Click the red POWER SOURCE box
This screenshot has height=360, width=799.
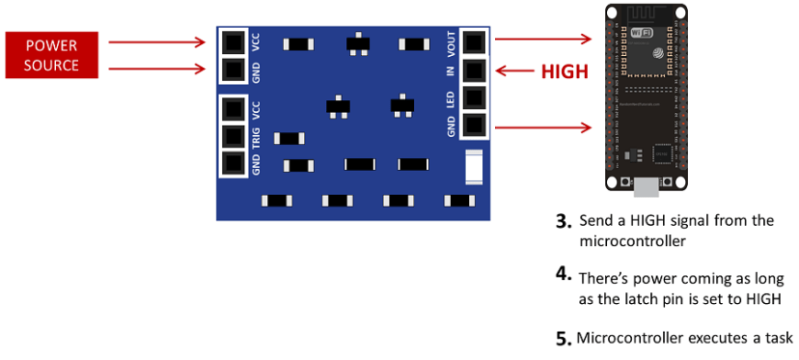[x=52, y=56]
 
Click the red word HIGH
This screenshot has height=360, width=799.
[x=565, y=71]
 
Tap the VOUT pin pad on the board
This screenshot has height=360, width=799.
[x=474, y=43]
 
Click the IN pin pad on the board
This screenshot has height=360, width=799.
[x=474, y=70]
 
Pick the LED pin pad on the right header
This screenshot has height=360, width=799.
[x=474, y=97]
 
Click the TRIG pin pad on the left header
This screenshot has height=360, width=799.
[x=233, y=136]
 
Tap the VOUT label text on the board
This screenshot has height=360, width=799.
[x=451, y=42]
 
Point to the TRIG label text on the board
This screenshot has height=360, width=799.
[x=256, y=136]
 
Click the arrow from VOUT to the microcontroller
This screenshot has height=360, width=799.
[x=540, y=40]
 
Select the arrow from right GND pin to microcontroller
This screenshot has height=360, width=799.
[x=540, y=126]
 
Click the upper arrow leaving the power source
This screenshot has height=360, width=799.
[x=155, y=42]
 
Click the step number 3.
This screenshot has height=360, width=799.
[x=565, y=221]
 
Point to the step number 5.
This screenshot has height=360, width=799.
[x=565, y=340]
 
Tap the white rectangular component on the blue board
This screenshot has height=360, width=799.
[x=474, y=166]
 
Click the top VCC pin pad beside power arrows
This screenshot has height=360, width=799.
[x=233, y=42]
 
